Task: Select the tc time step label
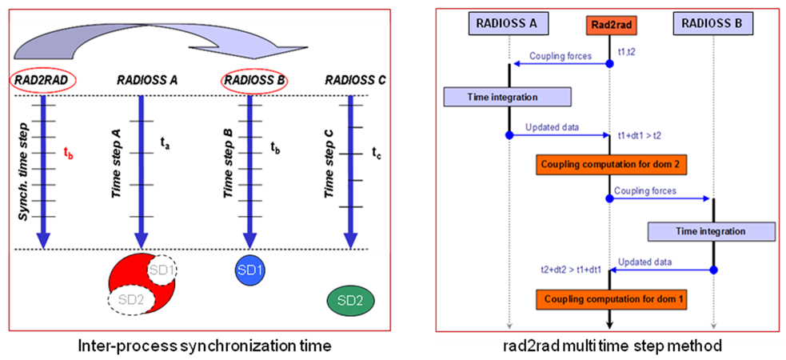(377, 150)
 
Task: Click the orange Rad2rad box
(609, 25)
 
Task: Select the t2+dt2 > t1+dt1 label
(571, 270)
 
